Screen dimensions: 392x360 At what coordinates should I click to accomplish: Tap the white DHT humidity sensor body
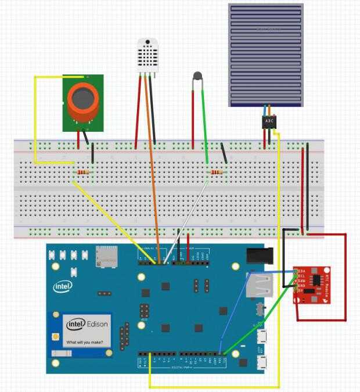tap(147, 56)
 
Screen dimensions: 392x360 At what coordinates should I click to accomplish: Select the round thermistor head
tap(197, 75)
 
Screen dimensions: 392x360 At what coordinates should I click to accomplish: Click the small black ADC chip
tap(269, 122)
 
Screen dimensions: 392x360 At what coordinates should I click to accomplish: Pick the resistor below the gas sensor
tap(84, 172)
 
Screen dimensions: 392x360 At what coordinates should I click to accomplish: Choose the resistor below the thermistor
tap(217, 172)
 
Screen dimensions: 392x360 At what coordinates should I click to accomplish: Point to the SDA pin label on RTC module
tap(301, 272)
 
